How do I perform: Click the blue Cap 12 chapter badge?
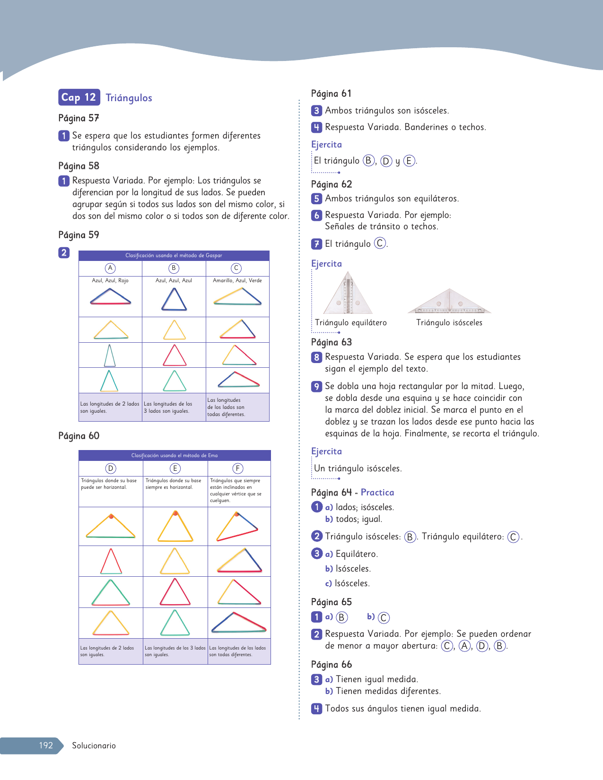79,97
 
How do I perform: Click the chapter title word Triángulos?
129,98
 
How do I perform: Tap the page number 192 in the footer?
46,745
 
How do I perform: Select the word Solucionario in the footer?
94,745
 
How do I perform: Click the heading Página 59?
79,235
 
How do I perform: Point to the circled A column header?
110,268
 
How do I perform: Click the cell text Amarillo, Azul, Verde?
237,280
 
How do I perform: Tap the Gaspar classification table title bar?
174,255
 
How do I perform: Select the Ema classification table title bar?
175,455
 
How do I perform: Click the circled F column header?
237,468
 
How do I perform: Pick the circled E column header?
175,468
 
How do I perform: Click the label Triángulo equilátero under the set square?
351,322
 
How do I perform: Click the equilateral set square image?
348,294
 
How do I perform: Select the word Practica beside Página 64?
377,492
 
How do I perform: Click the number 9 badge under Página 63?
316,386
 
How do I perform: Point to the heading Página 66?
332,664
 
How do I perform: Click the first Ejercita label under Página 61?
326,144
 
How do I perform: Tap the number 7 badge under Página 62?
316,244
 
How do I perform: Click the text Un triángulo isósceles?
358,468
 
